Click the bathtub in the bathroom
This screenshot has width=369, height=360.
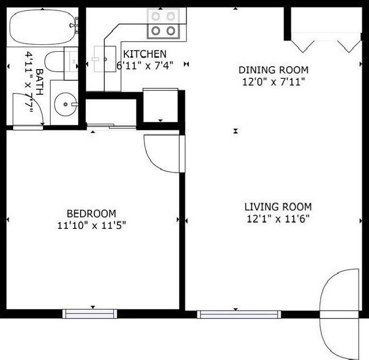click(43, 27)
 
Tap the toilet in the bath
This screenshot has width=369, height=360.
click(58, 62)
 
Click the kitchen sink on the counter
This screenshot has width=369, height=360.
click(104, 59)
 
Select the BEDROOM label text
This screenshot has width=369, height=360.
click(91, 213)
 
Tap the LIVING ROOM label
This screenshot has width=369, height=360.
click(278, 206)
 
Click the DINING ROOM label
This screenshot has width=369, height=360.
click(273, 70)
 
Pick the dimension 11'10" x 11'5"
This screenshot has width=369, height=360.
click(92, 225)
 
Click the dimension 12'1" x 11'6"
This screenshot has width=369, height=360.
click(278, 219)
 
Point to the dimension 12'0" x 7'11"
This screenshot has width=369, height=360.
click(273, 82)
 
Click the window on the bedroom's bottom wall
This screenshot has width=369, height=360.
click(90, 313)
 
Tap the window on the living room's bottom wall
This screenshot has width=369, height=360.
click(239, 314)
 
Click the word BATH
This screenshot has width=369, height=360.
click(39, 80)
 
